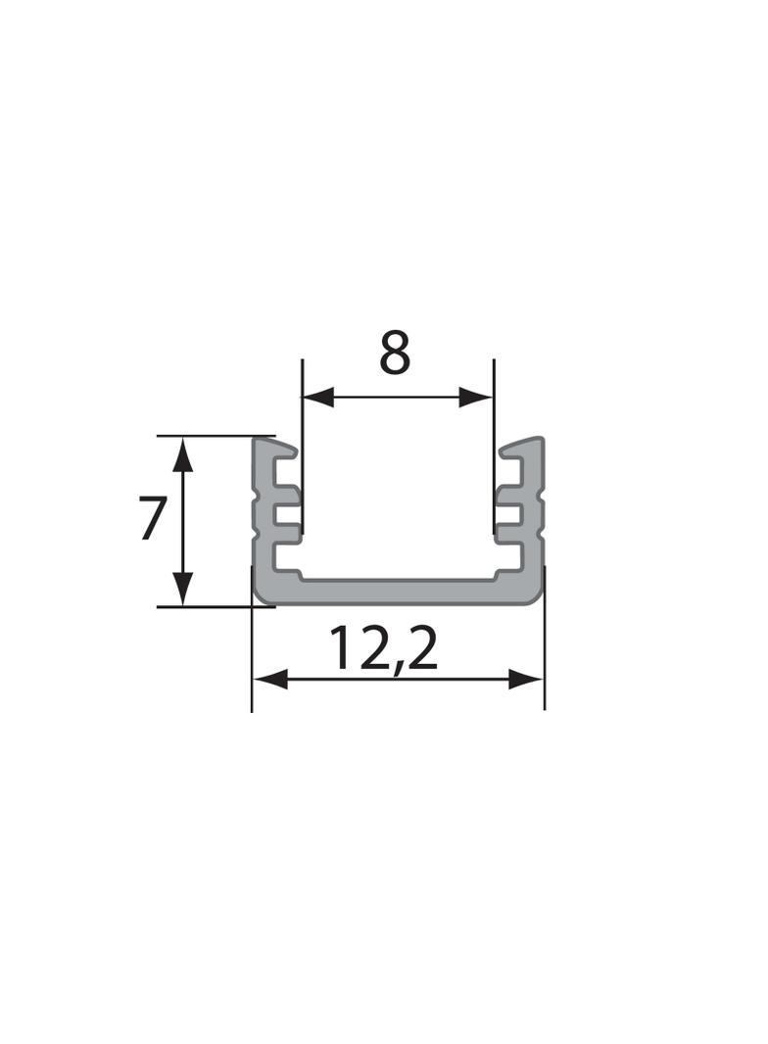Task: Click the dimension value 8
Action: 395,354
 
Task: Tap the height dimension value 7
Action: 150,520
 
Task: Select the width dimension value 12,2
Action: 383,648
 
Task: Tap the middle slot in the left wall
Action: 287,513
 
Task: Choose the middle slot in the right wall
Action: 509,513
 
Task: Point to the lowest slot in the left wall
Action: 288,557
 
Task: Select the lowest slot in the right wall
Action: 508,557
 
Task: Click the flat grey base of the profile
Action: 398,592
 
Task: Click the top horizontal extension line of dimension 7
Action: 216,436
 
